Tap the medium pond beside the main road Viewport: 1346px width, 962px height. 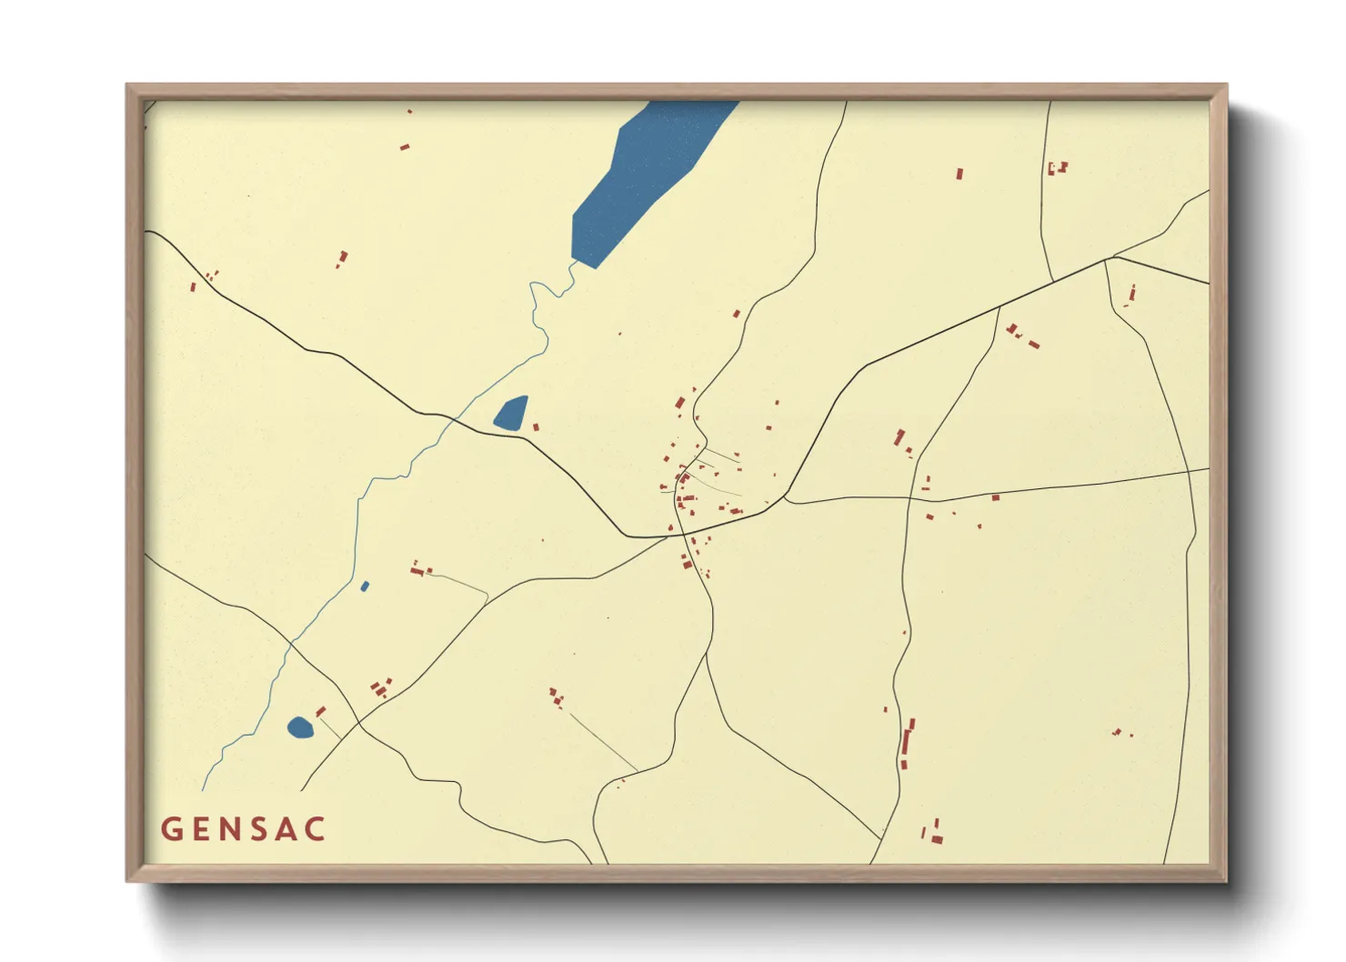coord(511,414)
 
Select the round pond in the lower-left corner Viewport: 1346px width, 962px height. coord(299,727)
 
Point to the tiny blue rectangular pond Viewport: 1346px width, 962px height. coord(365,586)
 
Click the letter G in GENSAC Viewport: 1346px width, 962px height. coord(171,829)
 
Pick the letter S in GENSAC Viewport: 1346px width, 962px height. coord(262,829)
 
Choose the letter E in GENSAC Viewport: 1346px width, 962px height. coord(201,829)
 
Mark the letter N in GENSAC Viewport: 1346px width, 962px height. coord(231,829)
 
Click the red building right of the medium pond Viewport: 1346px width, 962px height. coord(536,426)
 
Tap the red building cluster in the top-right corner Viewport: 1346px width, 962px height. coord(1057,168)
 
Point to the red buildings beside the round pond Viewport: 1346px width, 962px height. coord(320,711)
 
